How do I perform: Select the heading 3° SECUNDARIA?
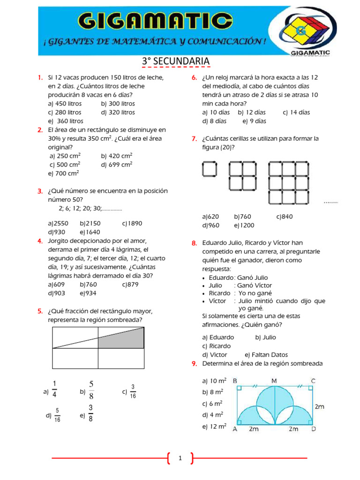pos(175,62)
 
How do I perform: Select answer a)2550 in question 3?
pos(58,224)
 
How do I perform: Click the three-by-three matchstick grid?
pos(289,183)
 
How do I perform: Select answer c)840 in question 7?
pos(284,217)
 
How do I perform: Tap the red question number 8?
pos(194,243)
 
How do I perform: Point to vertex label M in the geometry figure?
pos(273,380)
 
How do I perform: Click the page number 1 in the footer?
pos(180,458)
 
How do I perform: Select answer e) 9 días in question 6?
pos(255,121)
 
